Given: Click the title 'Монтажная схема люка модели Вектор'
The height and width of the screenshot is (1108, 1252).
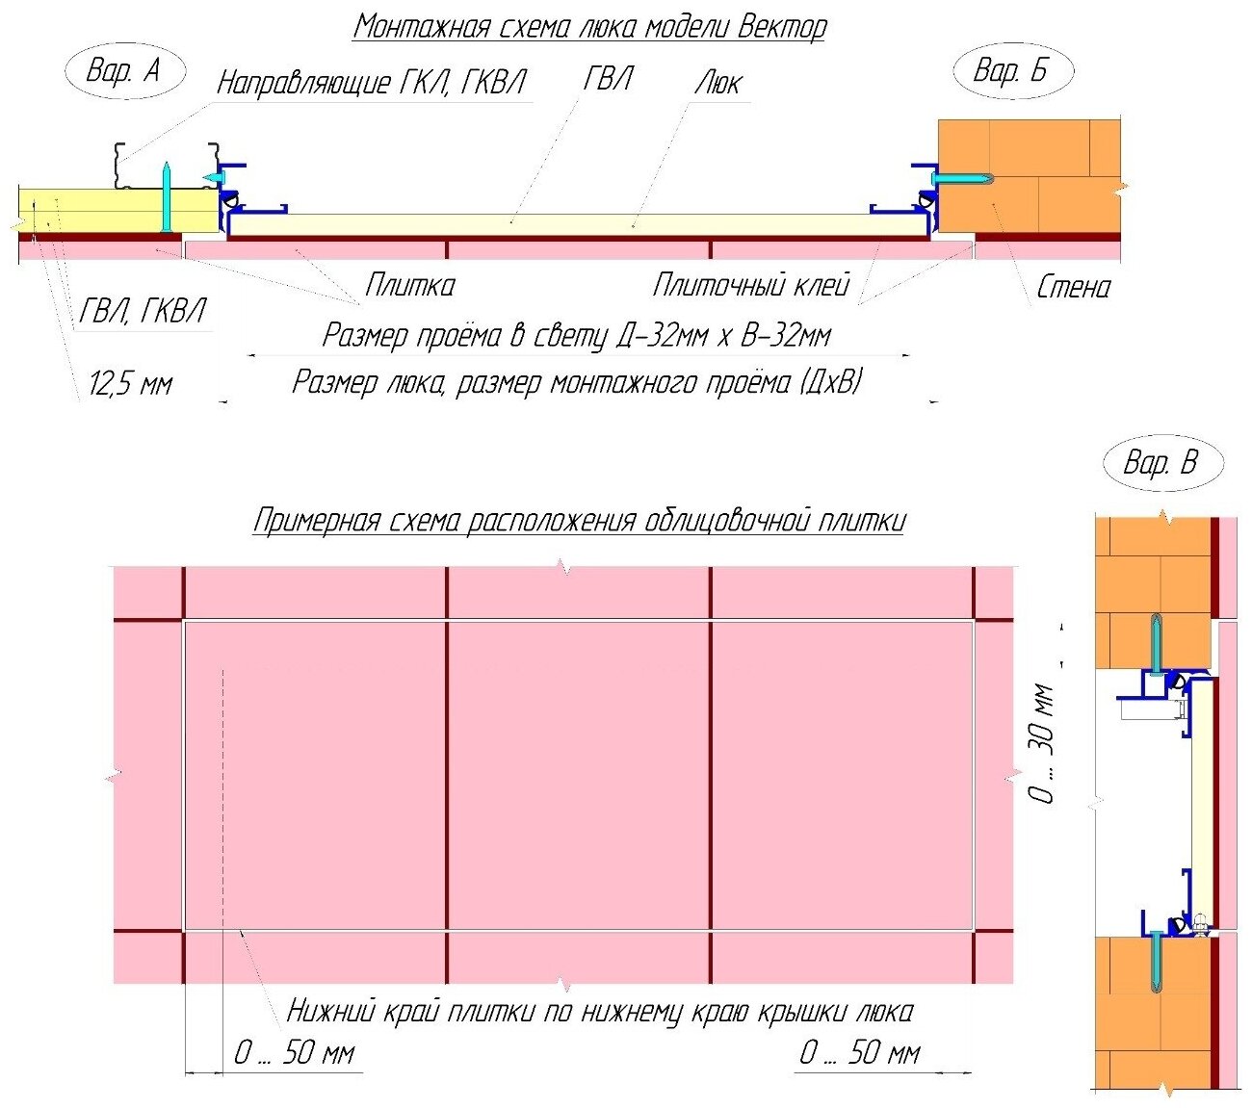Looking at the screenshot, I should [589, 27].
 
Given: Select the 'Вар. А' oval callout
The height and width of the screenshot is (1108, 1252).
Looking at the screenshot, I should [124, 70].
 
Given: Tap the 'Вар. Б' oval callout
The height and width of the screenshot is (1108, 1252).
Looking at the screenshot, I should [1011, 70].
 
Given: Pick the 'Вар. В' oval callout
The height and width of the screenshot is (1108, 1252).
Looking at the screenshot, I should [1161, 463].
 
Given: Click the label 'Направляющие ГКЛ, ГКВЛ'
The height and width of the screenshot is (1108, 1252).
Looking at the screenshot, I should [372, 83].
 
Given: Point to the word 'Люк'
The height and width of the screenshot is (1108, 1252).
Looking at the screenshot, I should [718, 83].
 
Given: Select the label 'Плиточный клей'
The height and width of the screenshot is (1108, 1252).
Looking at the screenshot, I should [751, 285].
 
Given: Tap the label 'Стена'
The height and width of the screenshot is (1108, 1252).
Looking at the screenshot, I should [1073, 287].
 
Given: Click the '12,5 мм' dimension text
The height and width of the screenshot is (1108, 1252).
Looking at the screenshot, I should [130, 385].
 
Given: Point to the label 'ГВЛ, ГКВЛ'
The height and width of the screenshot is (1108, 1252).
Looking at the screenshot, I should [143, 311].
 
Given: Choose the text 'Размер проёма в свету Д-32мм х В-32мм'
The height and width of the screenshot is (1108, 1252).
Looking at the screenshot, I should [576, 336].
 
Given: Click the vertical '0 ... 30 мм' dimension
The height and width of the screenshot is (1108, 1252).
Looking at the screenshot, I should [1042, 742].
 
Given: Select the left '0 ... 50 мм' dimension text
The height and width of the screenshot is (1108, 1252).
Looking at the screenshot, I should [295, 1052].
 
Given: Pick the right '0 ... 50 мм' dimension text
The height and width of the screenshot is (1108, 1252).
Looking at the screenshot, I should [860, 1052].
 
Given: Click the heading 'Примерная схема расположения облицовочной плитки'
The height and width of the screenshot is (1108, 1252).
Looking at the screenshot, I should [580, 521].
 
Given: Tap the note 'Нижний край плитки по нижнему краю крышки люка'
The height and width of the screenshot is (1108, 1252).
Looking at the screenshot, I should [600, 1012].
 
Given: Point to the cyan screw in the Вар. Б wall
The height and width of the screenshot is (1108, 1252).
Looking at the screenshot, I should [961, 179].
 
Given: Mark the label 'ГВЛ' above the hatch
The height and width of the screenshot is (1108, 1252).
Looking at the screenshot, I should [609, 79].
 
